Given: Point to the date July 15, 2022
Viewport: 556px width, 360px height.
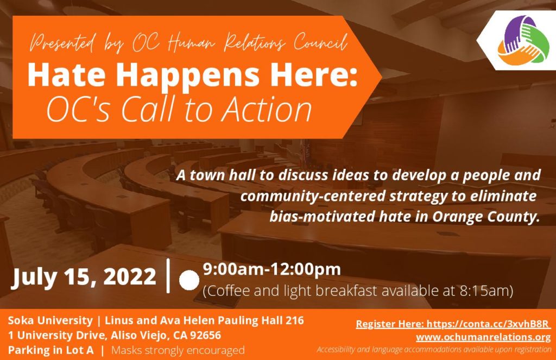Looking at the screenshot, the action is click(x=84, y=276).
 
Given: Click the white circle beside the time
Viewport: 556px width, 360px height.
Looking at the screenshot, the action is click(x=189, y=280).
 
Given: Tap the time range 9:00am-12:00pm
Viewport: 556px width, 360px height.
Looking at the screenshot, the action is click(x=271, y=269).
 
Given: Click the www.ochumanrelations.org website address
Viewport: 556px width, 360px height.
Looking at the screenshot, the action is click(x=483, y=337).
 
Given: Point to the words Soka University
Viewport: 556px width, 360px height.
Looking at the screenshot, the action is click(x=50, y=320).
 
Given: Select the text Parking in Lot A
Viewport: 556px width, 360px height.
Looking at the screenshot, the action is click(x=50, y=350).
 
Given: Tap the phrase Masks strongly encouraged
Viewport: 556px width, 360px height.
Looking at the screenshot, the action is click(x=178, y=350).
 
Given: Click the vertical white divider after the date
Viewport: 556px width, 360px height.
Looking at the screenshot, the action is click(x=168, y=276).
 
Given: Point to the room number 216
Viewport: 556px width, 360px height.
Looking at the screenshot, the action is click(x=294, y=320).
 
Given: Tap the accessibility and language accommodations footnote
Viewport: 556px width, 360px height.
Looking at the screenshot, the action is click(x=434, y=350).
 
